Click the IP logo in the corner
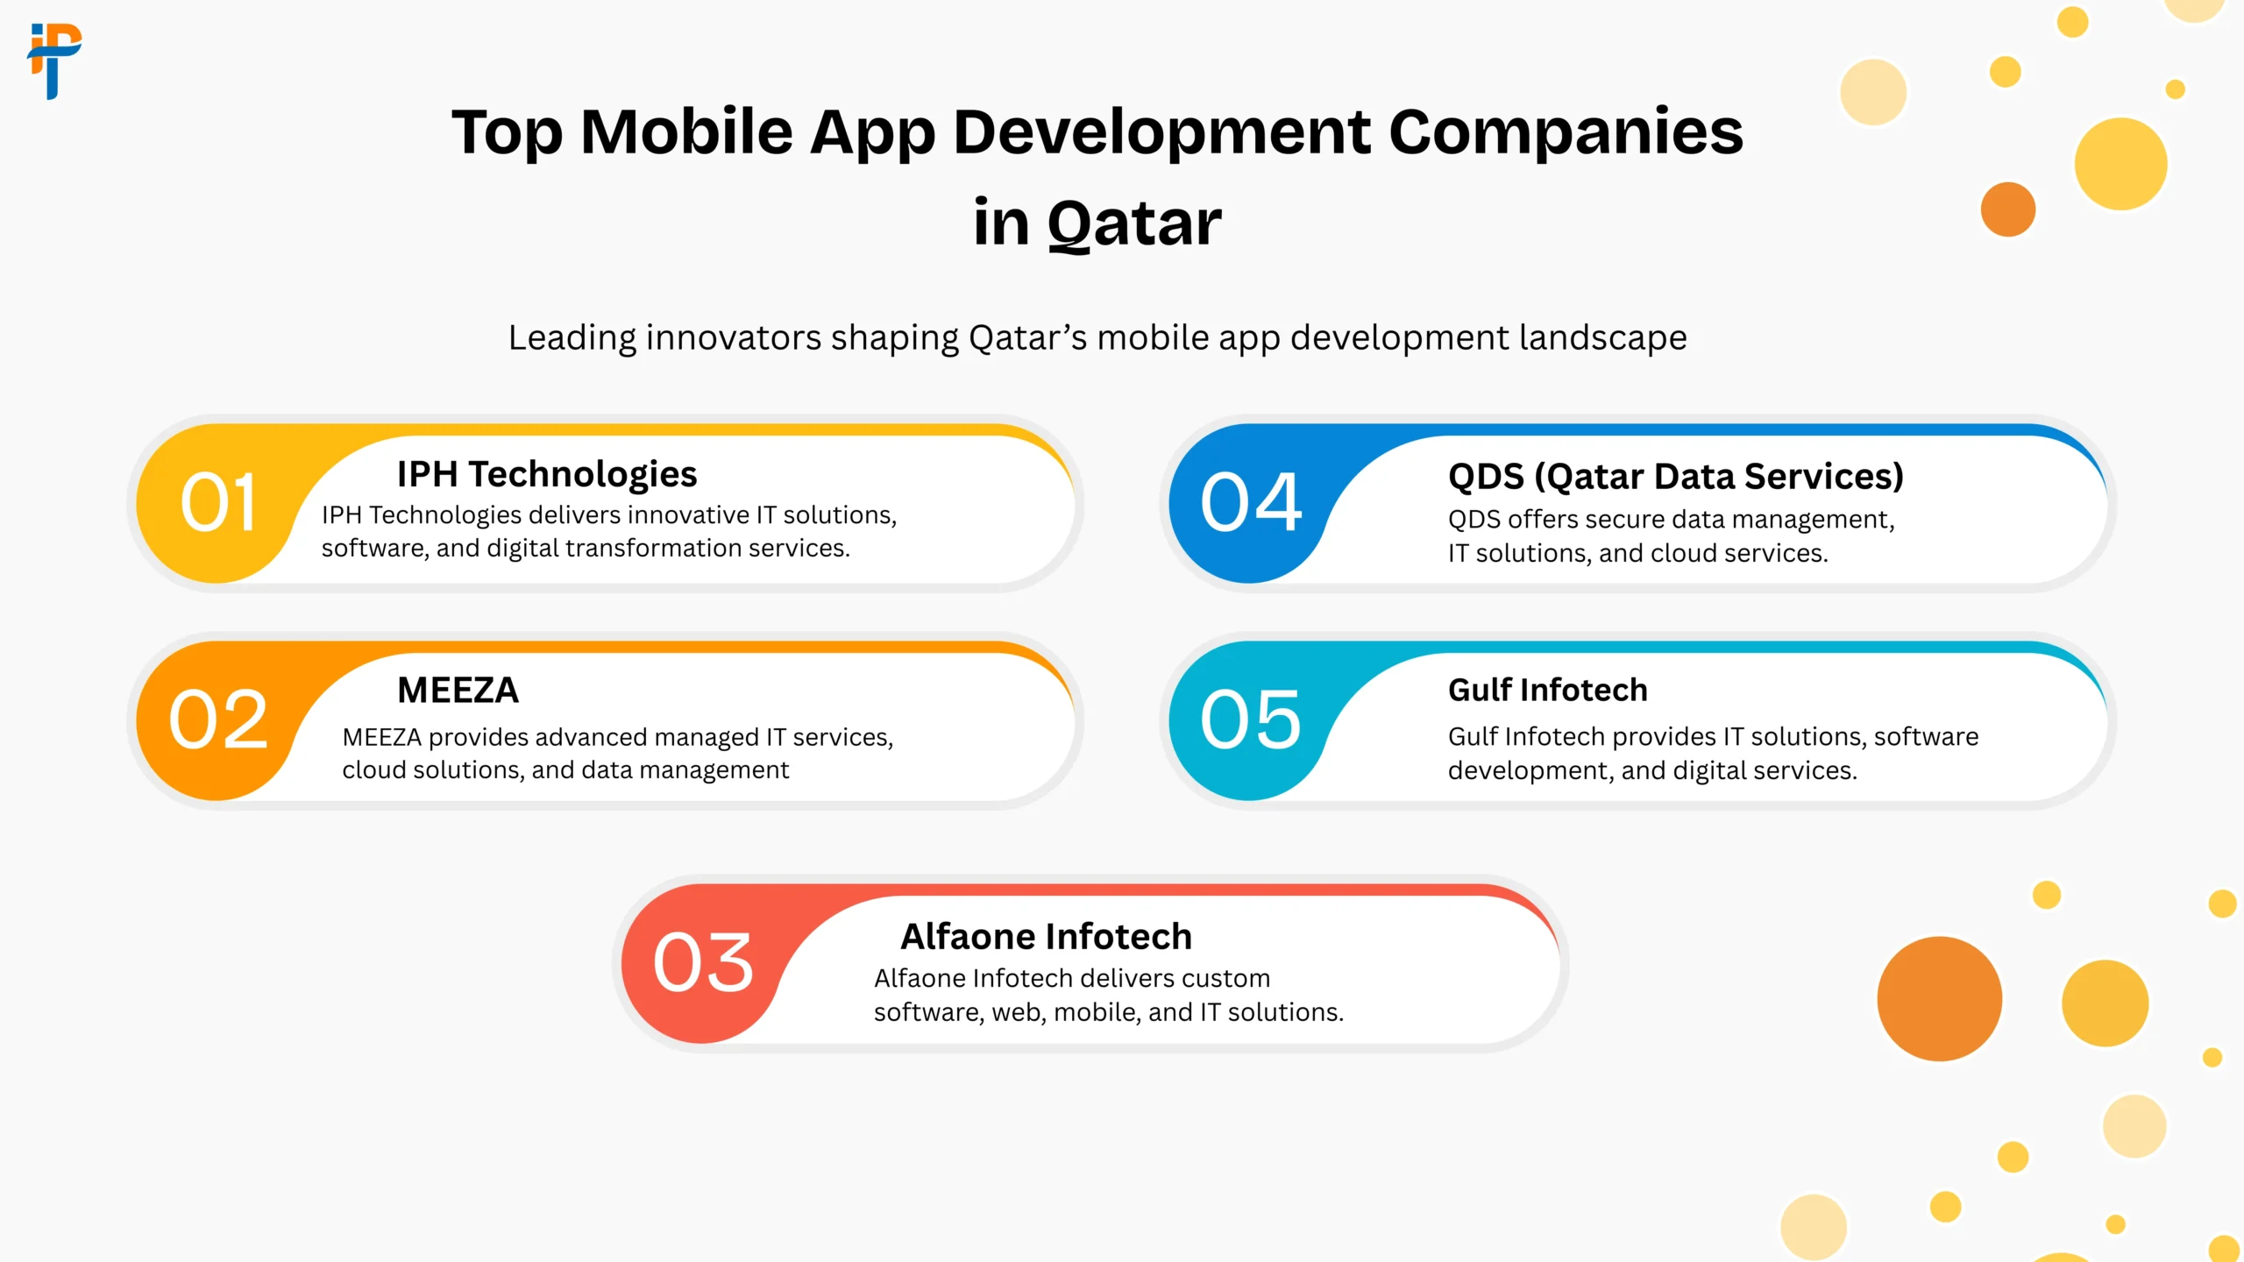(54, 61)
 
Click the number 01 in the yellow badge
(218, 502)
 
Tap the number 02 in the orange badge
(218, 720)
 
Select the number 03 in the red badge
(703, 962)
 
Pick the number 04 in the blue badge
(1251, 502)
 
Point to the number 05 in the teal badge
(1251, 720)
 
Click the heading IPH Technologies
(547, 475)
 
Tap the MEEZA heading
(458, 691)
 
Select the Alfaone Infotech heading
(1047, 937)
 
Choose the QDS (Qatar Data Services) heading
(1676, 477)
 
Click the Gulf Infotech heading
(1548, 691)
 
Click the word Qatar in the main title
(1134, 224)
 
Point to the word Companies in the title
(1566, 133)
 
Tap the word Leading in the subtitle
(572, 338)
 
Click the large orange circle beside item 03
(1940, 999)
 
